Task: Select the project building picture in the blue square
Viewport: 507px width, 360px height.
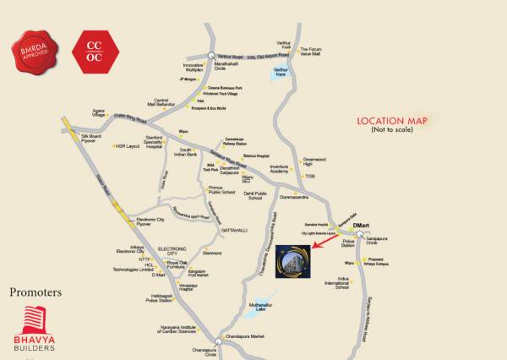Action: (x=291, y=254)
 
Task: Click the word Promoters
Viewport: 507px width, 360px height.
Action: (x=36, y=293)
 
